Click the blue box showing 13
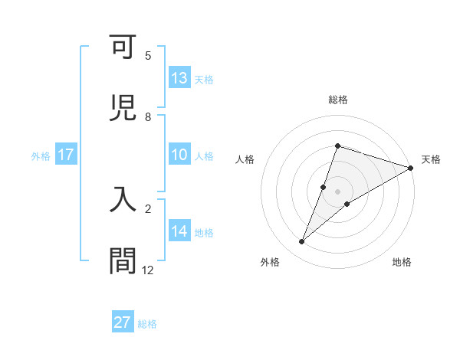(x=179, y=77)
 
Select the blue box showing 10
(x=179, y=155)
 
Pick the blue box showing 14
(x=179, y=231)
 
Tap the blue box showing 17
(x=66, y=155)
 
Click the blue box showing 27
(x=123, y=322)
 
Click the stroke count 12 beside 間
(x=148, y=270)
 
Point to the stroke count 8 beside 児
(x=148, y=117)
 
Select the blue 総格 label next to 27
(x=148, y=324)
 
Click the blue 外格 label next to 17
(x=41, y=156)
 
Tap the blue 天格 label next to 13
(x=204, y=79)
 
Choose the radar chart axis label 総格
(x=338, y=100)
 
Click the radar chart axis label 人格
(x=245, y=159)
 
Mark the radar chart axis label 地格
(x=402, y=262)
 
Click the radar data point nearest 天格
(x=410, y=168)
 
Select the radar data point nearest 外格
(x=302, y=242)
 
